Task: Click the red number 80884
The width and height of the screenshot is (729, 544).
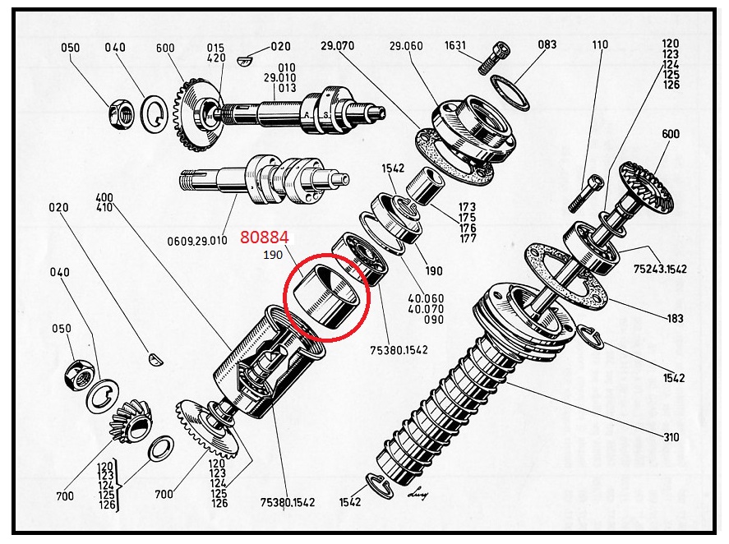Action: pos(264,237)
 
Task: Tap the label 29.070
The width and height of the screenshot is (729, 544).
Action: pos(337,45)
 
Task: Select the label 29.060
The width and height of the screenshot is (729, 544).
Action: pos(406,45)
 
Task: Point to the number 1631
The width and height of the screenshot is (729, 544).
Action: pos(454,45)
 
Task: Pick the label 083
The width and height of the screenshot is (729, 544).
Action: pos(547,44)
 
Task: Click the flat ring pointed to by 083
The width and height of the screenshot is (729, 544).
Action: pos(510,93)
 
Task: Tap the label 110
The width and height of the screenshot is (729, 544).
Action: pos(600,44)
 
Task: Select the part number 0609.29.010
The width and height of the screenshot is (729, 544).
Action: pos(197,241)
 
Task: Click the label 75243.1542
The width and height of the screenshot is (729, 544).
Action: pos(660,269)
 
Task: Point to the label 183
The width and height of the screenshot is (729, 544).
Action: pos(675,319)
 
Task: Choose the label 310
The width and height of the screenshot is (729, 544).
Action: pos(671,437)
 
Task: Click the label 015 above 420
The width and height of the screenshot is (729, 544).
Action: pos(215,48)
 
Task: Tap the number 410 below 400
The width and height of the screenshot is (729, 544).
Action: pos(104,207)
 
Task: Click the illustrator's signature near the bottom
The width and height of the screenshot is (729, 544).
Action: pos(417,495)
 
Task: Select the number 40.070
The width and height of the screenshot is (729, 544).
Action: pos(426,309)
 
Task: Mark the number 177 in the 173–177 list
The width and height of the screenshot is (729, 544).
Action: pos(468,238)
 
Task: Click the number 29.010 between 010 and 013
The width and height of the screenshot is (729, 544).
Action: pos(280,77)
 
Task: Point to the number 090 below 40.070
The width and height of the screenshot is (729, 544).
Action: pos(434,320)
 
